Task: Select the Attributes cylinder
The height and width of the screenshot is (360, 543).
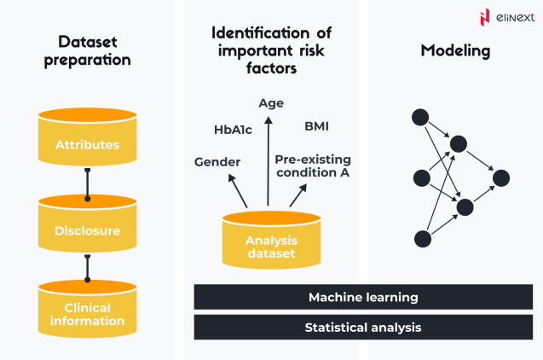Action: (x=87, y=137)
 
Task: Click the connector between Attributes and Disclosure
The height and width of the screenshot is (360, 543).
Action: (x=87, y=183)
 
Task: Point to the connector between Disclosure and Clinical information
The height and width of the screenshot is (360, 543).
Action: (x=87, y=269)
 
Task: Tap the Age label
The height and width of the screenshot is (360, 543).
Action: (x=271, y=103)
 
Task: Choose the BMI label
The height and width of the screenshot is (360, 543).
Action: (x=316, y=127)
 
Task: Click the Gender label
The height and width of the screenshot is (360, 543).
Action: (x=217, y=162)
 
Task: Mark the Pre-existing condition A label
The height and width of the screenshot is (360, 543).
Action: (x=313, y=165)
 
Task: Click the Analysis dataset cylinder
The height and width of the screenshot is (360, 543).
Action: (x=270, y=241)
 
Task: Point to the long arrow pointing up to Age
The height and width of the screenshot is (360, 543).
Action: (x=269, y=162)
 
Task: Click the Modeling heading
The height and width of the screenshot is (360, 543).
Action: (x=455, y=51)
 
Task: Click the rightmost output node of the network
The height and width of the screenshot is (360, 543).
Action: (x=501, y=177)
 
